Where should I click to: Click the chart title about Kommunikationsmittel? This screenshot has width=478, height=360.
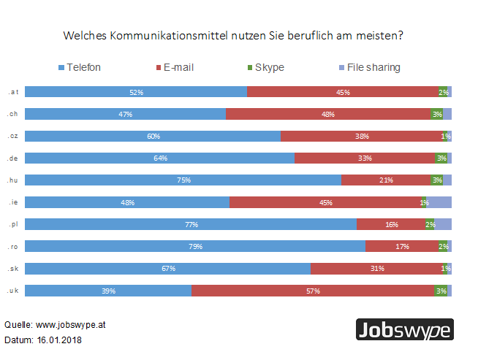coord(234,35)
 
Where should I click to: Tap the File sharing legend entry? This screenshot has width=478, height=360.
coord(368,68)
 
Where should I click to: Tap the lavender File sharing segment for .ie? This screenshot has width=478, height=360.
coord(439,202)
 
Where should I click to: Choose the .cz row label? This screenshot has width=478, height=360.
coord(12,136)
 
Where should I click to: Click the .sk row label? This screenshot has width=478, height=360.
coord(12,269)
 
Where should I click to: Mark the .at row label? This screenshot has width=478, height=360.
coord(12,91)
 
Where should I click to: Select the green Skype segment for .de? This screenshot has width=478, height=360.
coord(441,158)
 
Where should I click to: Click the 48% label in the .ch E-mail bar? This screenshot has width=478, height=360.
coord(328,114)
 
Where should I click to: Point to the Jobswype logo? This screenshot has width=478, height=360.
coord(403,330)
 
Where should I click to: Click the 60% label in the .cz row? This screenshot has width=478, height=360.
coord(153,136)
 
